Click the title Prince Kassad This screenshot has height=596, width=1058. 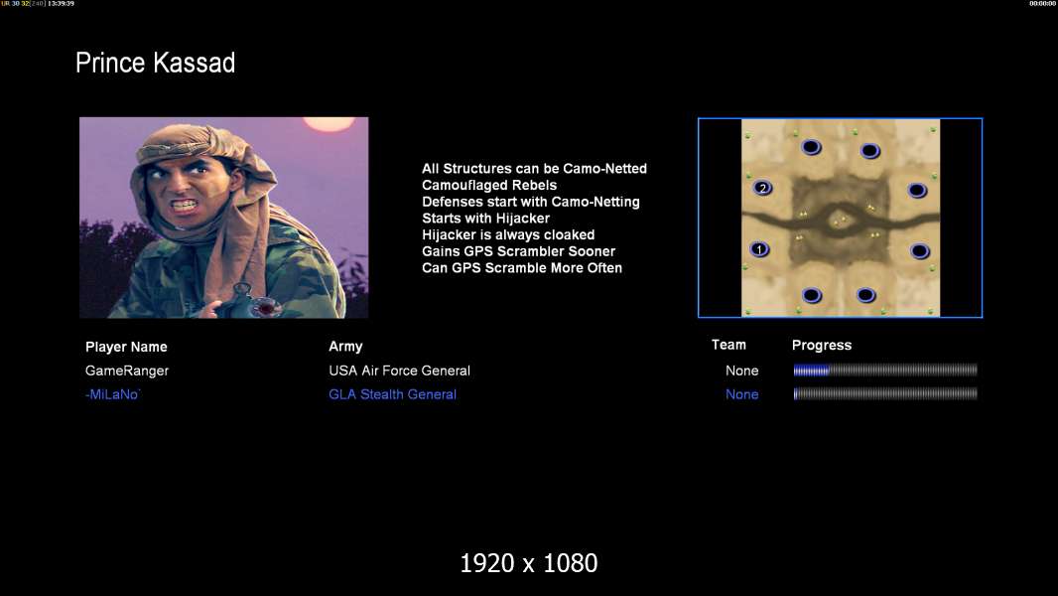click(155, 63)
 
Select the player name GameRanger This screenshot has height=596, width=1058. click(127, 371)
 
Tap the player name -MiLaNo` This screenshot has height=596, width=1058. click(113, 394)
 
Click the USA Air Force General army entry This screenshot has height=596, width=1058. click(399, 371)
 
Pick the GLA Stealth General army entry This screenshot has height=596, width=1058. click(393, 394)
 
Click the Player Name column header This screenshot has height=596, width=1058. click(126, 347)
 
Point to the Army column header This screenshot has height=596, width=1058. click(345, 347)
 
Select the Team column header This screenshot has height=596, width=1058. click(728, 345)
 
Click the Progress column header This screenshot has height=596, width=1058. click(822, 346)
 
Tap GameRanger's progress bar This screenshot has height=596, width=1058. click(885, 370)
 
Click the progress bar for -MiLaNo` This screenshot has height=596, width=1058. click(885, 393)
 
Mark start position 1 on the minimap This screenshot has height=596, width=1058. click(760, 249)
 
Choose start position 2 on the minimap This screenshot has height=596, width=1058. click(762, 188)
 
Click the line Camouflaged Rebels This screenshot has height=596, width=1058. click(489, 186)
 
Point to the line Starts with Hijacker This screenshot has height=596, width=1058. click(485, 219)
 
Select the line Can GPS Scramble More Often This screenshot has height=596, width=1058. click(522, 268)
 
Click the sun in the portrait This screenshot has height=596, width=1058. click(329, 123)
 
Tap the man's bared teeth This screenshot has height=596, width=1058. click(185, 204)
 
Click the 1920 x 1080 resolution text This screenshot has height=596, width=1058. click(529, 563)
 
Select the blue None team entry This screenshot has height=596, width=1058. click(741, 394)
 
